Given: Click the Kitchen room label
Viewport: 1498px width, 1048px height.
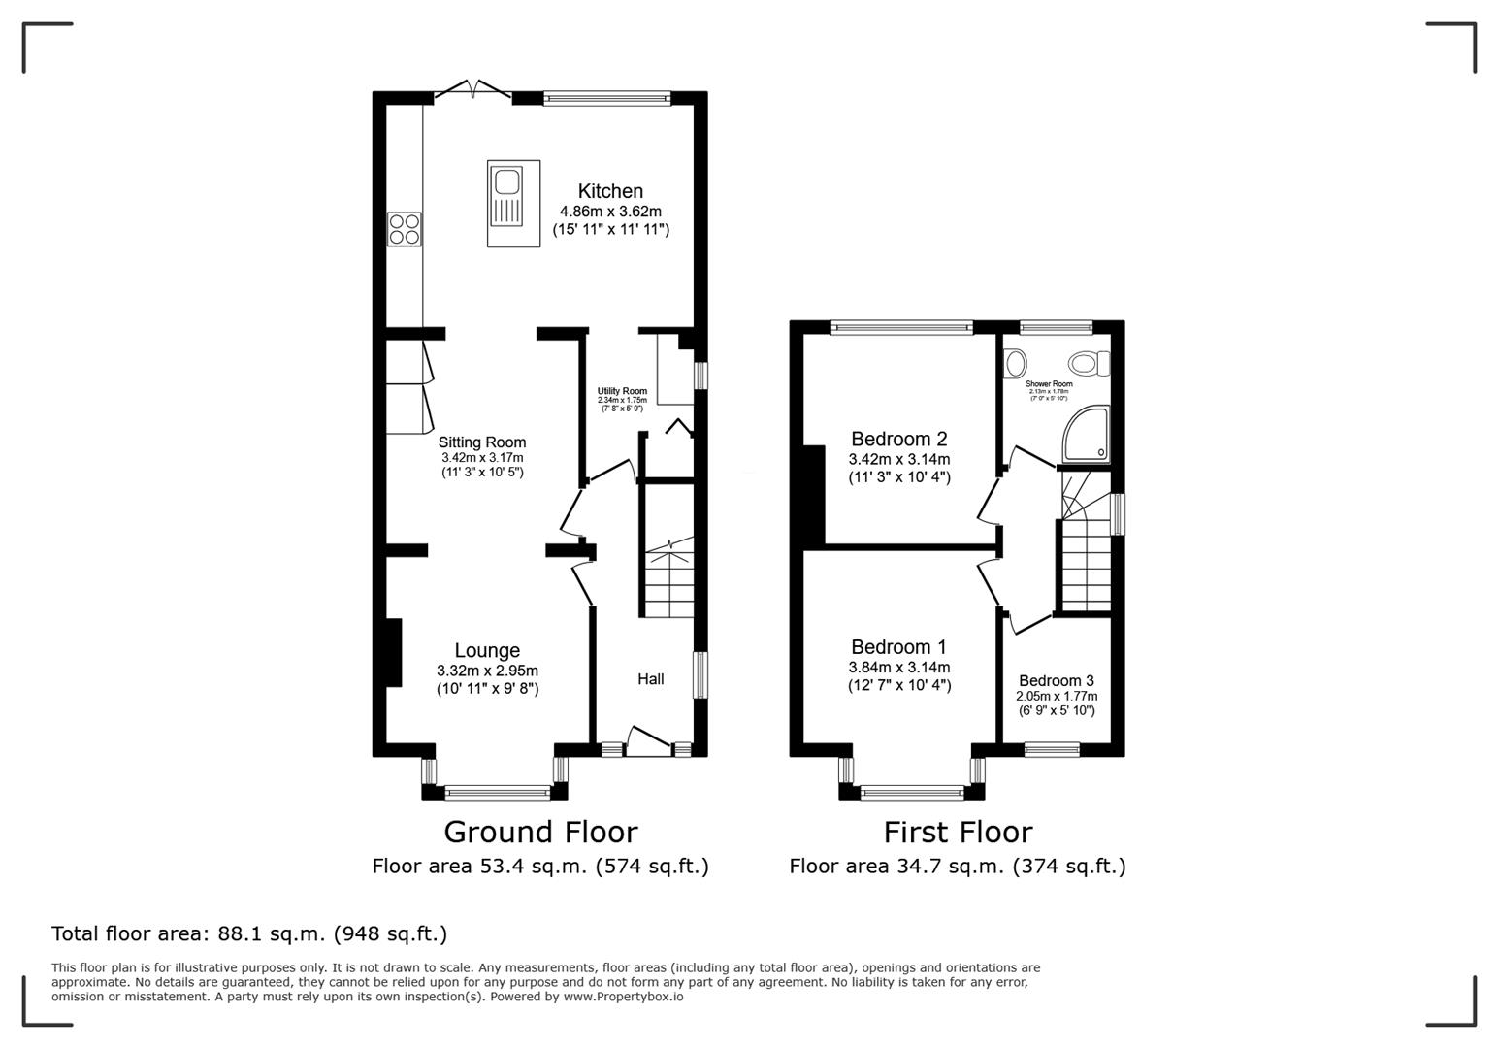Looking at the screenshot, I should pyautogui.click(x=610, y=191).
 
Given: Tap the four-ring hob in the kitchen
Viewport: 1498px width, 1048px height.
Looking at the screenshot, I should pyautogui.click(x=405, y=228).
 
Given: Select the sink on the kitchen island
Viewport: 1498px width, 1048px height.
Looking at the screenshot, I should pyautogui.click(x=506, y=181).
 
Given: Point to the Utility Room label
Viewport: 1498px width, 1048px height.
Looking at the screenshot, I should pyautogui.click(x=622, y=391).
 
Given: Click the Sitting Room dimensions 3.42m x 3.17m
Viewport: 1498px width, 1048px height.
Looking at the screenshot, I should pyautogui.click(x=482, y=458).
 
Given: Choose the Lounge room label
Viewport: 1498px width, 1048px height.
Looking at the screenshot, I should pyautogui.click(x=487, y=650).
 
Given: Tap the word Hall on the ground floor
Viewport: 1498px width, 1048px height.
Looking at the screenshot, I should pyautogui.click(x=651, y=679).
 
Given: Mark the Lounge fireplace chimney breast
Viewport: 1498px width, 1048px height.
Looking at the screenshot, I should pyautogui.click(x=394, y=652).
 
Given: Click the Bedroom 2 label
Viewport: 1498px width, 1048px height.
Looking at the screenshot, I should pyautogui.click(x=898, y=439).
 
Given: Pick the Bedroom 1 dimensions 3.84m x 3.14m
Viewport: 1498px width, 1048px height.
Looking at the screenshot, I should pyautogui.click(x=899, y=668).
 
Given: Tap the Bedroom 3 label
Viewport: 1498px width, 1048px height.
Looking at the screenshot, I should pyautogui.click(x=1057, y=680).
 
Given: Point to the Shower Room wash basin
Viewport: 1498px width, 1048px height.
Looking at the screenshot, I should pyautogui.click(x=1015, y=364).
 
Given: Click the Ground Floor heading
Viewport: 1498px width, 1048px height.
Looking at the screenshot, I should pyautogui.click(x=540, y=832).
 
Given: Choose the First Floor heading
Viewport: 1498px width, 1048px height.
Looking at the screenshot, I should pyautogui.click(x=958, y=832).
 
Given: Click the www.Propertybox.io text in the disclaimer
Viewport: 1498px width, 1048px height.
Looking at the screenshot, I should pyautogui.click(x=623, y=997).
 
